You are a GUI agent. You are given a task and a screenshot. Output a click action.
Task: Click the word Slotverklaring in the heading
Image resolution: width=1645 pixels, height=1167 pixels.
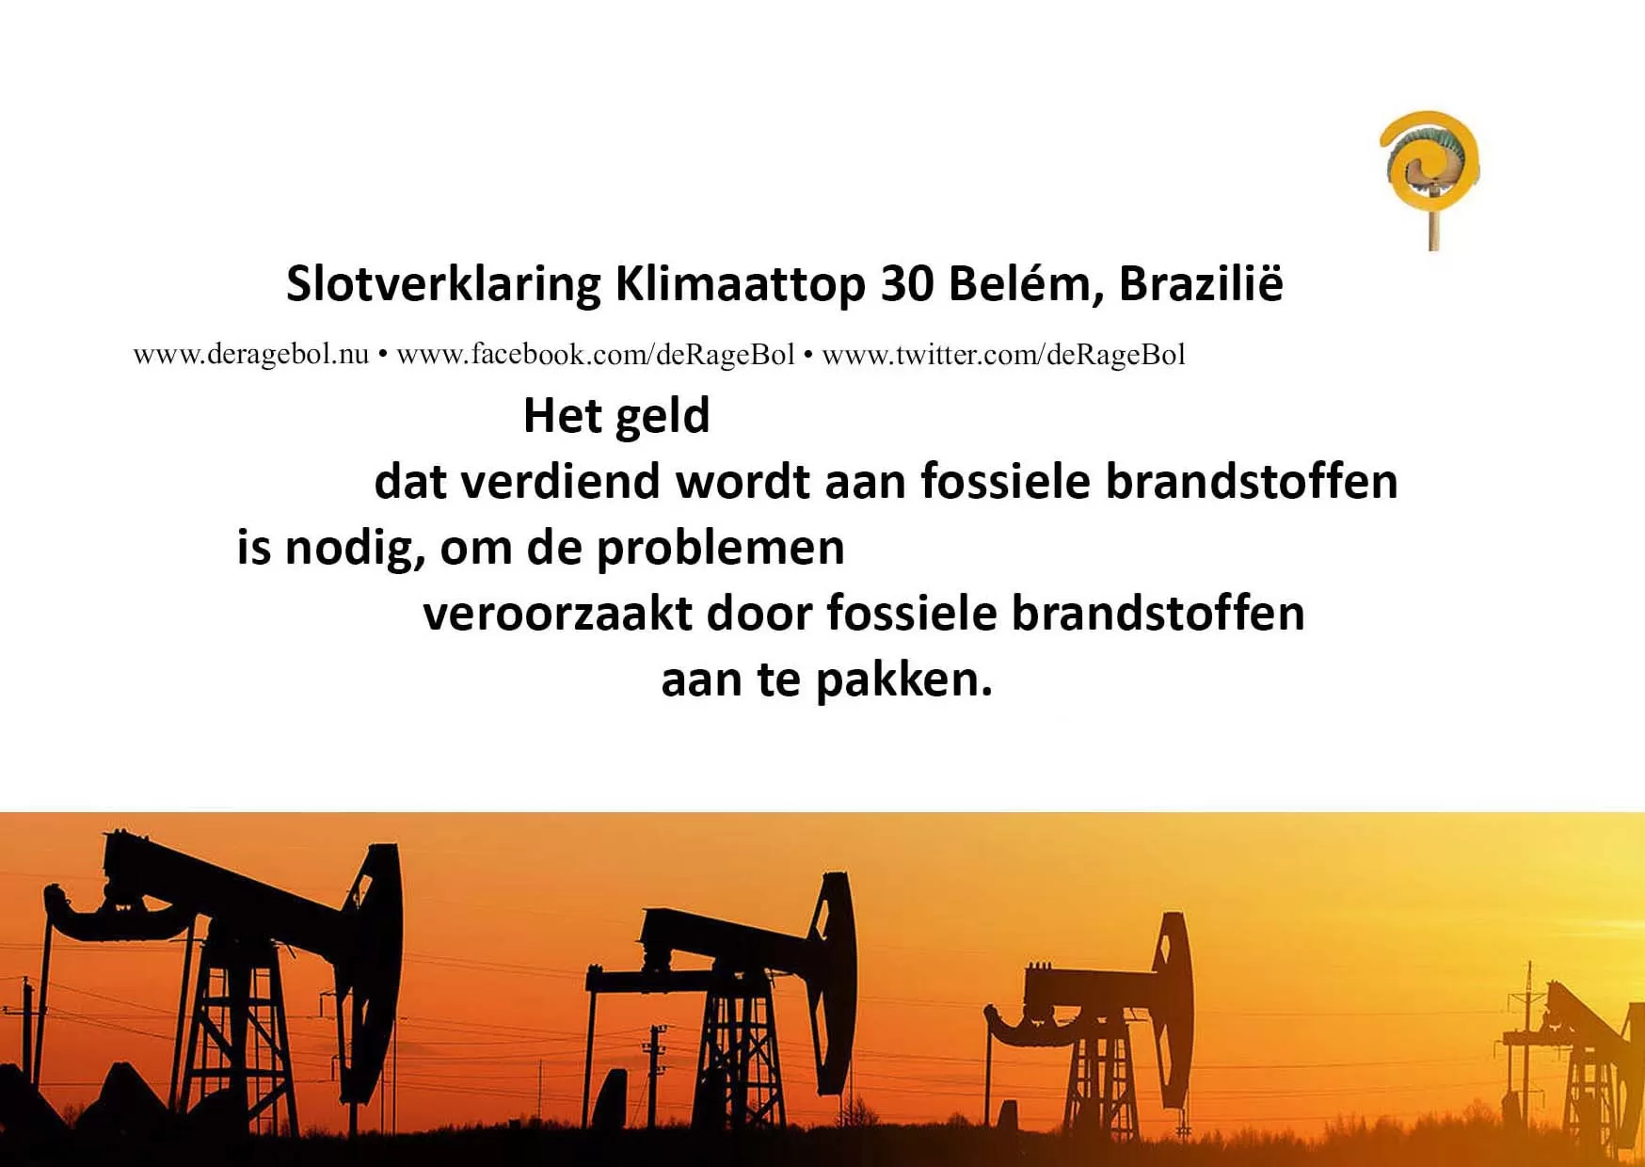pyautogui.click(x=443, y=285)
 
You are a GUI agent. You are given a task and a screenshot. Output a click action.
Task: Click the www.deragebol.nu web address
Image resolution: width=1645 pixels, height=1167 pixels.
pyautogui.click(x=251, y=355)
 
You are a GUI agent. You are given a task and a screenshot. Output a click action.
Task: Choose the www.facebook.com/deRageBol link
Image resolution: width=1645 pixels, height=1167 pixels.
pyautogui.click(x=596, y=355)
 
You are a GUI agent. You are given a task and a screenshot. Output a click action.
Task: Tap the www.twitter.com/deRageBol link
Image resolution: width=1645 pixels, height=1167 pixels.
pyautogui.click(x=1003, y=355)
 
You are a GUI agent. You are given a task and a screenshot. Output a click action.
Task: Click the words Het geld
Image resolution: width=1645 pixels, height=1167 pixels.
pyautogui.click(x=616, y=415)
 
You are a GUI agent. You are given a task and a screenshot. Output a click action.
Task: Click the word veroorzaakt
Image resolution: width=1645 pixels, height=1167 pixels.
pyautogui.click(x=557, y=614)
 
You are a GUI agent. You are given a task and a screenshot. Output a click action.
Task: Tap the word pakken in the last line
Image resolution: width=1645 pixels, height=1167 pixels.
pyautogui.click(x=904, y=679)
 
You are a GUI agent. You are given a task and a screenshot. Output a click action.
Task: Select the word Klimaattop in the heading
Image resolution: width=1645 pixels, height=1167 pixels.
pyautogui.click(x=741, y=285)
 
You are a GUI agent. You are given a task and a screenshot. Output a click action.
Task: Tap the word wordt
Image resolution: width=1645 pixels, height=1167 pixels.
pyautogui.click(x=743, y=481)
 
